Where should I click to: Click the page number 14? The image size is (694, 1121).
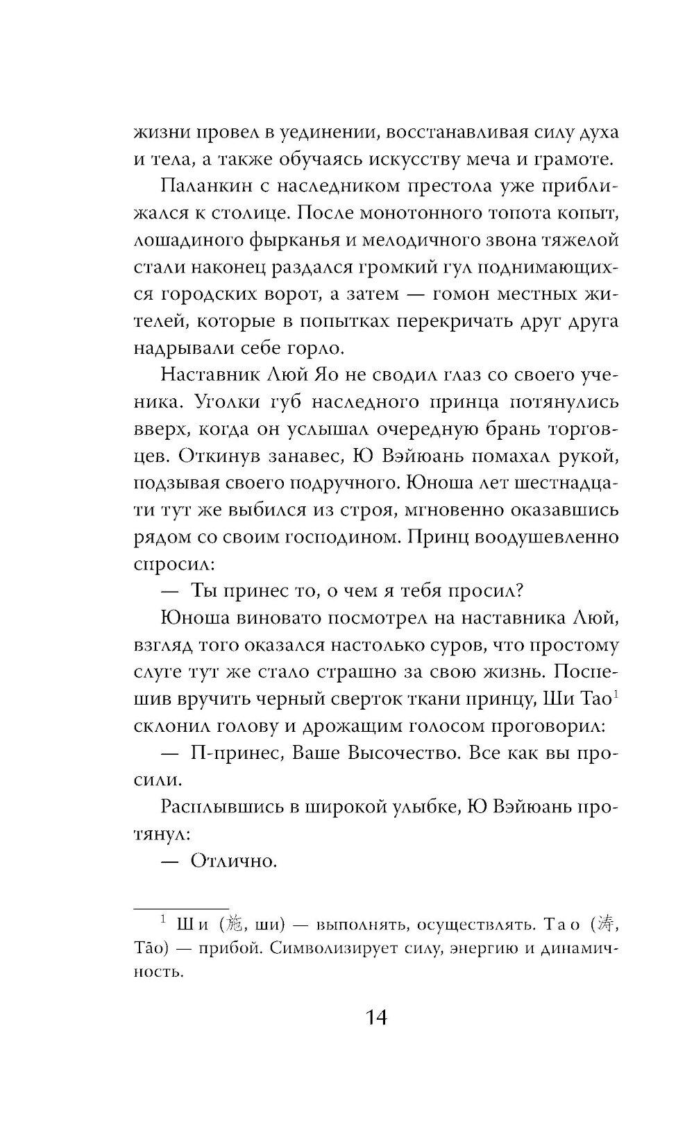point(368,1019)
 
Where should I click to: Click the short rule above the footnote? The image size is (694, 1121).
point(180,908)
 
